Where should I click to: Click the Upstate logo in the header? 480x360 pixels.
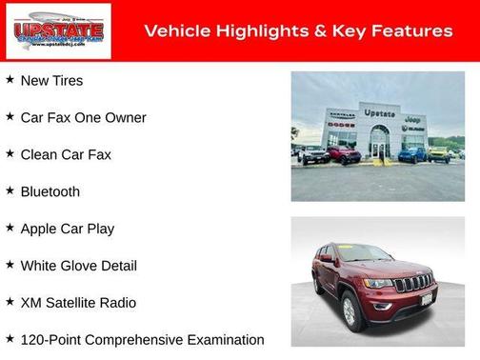tap(58, 31)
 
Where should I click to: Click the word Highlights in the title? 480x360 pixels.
tap(256, 31)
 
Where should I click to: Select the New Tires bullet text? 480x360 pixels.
tap(51, 81)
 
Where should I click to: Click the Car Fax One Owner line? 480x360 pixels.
tap(83, 118)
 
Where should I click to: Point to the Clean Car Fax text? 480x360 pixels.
tap(66, 154)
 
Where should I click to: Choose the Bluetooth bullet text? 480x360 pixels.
tap(50, 191)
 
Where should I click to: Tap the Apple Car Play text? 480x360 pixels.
tap(67, 229)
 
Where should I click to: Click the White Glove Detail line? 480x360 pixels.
tap(78, 266)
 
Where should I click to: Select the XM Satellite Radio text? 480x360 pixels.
tap(78, 303)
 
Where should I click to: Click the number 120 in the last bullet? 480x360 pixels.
tap(33, 340)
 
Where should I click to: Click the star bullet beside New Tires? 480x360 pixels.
tap(10, 80)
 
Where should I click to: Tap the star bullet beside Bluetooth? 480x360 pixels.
tap(10, 190)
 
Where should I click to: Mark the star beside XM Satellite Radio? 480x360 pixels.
tap(10, 302)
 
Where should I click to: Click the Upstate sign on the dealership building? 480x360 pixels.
tap(379, 113)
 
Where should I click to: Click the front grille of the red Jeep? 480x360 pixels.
tap(412, 283)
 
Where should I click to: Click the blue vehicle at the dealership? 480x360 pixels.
tap(411, 153)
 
